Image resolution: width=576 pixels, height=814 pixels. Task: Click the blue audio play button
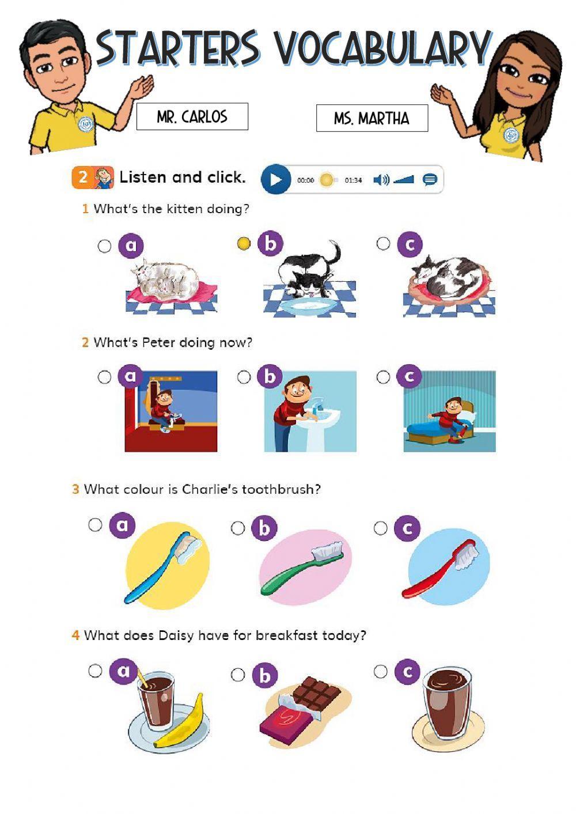[x=276, y=180]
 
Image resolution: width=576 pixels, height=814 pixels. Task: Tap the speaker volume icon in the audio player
[x=381, y=180]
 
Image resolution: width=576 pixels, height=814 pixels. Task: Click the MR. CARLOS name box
[x=192, y=116]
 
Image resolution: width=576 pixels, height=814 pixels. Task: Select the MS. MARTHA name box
[x=372, y=118]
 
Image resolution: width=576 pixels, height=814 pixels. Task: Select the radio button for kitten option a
[x=104, y=246]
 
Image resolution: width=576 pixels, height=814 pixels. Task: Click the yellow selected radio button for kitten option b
[x=244, y=244]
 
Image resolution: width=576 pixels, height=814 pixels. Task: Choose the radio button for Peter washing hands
[x=244, y=377]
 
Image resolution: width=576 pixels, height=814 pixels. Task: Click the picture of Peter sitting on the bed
[x=449, y=411]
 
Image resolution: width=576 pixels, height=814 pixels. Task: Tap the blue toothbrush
[x=162, y=568]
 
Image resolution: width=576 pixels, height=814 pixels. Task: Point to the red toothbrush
[x=441, y=569]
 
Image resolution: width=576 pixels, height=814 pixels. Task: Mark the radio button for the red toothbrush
[x=381, y=528]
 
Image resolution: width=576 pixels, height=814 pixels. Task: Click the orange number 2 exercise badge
[x=83, y=177]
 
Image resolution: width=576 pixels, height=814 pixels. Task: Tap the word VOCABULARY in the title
[x=381, y=48]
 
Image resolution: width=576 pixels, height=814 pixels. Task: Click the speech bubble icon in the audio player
[x=430, y=180]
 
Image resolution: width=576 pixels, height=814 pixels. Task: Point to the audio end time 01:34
[x=353, y=180]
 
